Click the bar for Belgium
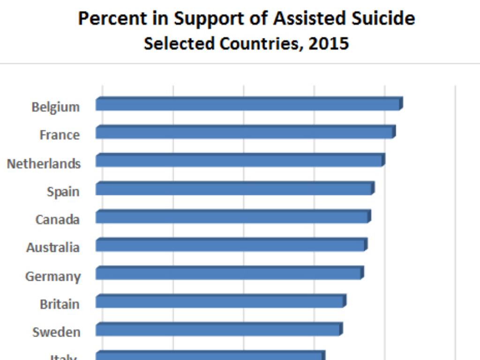coord(248,104)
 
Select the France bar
coord(245,133)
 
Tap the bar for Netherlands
coord(240,161)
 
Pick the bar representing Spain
coord(234,189)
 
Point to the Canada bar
coord(232,217)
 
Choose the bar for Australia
coord(231,245)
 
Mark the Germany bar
coord(229,273)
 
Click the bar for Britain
coord(220,301)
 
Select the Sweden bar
coord(218,330)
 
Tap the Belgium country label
coord(55,107)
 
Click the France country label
coord(60,135)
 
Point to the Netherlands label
coord(44,164)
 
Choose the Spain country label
coord(63,192)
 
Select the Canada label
coord(57,219)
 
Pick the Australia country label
coord(52,247)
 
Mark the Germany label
coord(52,276)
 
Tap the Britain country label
coord(60,304)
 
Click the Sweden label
coord(56,332)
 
